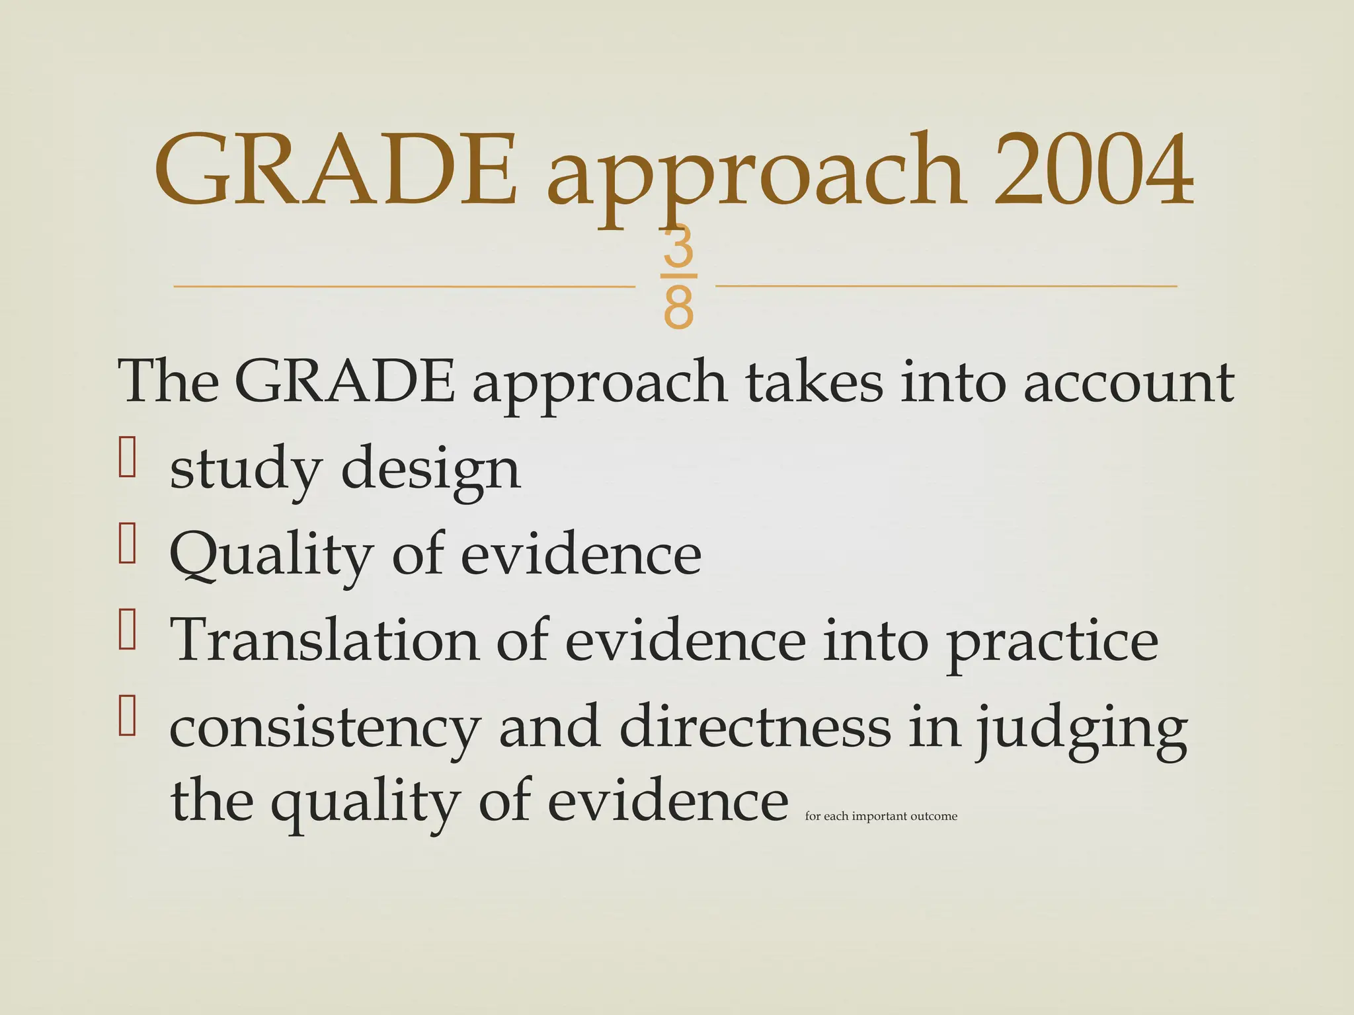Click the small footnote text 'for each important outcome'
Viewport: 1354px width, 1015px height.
(x=881, y=817)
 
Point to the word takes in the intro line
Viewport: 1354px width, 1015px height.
(x=814, y=382)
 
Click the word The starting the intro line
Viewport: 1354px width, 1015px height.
(x=169, y=382)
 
